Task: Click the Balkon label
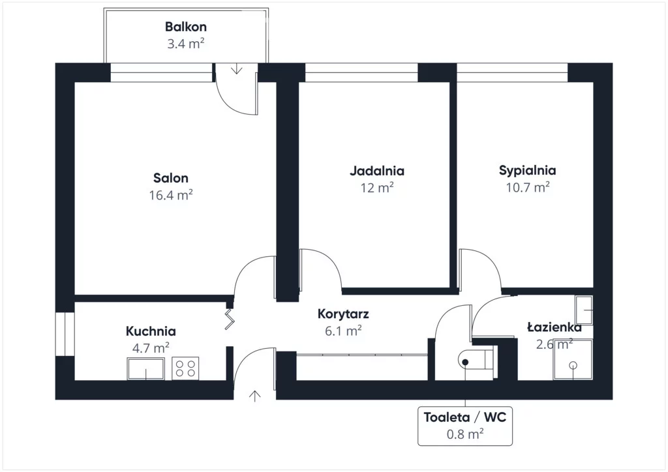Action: tap(186, 27)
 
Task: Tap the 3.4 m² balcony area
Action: tap(186, 44)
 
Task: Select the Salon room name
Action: tap(171, 178)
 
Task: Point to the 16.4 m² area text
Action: tap(171, 194)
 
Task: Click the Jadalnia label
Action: tap(377, 171)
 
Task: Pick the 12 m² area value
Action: tap(377, 188)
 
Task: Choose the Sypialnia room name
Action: tap(527, 171)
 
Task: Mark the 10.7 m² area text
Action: tap(527, 187)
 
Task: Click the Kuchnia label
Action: tap(151, 331)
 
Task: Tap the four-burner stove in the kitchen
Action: tap(185, 369)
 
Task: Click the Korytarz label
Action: tap(343, 314)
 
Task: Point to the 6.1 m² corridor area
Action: tap(343, 331)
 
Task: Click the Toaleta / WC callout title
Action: tap(464, 417)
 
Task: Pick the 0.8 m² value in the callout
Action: tap(464, 433)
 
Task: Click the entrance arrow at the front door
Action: tap(254, 395)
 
